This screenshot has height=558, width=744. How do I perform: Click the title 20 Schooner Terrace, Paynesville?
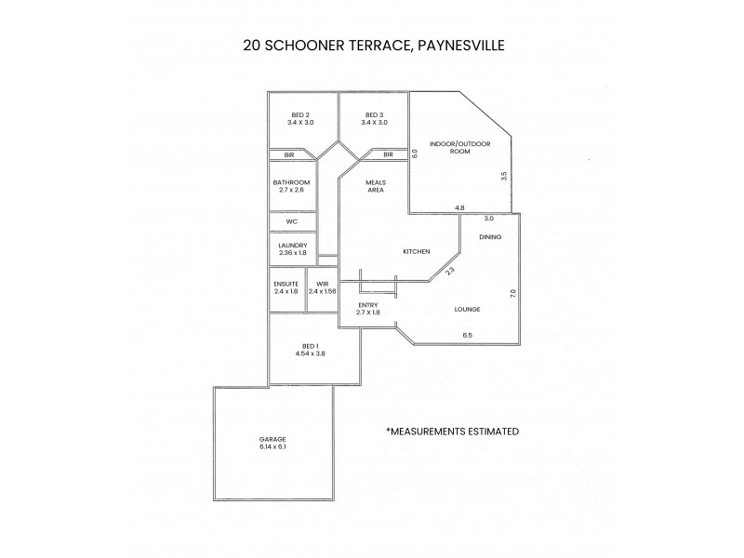coord(372,44)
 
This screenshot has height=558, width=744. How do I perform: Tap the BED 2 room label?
coord(300,118)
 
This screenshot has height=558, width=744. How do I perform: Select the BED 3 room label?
coord(372,118)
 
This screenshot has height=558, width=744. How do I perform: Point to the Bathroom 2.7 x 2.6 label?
coord(291,186)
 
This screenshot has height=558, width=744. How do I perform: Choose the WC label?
coord(291,222)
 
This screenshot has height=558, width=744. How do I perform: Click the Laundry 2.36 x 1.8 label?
coord(291,249)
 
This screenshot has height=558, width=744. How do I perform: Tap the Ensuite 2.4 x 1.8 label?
coord(286,287)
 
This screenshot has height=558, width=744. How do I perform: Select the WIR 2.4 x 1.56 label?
coord(322,287)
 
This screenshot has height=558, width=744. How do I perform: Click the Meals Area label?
coord(375,186)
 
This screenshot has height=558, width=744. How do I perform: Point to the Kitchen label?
coord(415,252)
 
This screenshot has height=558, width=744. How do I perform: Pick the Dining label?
coord(490,238)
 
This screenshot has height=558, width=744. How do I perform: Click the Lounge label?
coord(466,308)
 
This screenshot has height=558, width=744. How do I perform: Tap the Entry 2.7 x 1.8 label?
coord(367,309)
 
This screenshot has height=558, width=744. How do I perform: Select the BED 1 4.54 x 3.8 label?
coord(311,350)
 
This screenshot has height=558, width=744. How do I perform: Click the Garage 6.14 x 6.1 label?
coord(272,443)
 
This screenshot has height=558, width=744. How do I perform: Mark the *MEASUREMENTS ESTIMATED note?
coord(452,432)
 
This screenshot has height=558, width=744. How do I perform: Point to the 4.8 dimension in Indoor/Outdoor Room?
coord(459,207)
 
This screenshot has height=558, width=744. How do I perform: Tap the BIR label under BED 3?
coord(388,154)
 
